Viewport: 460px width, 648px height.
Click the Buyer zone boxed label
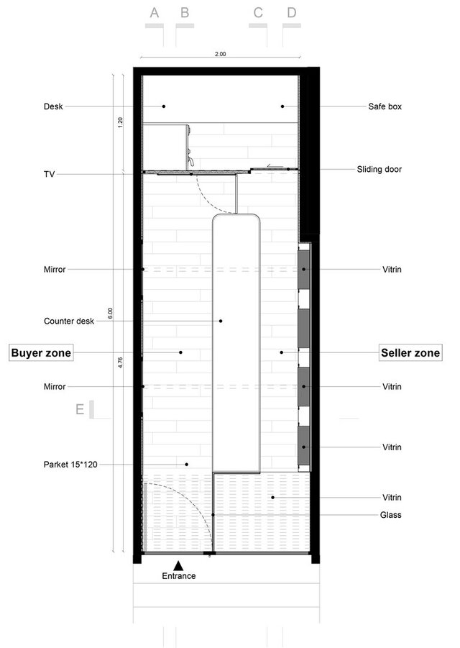click(41, 352)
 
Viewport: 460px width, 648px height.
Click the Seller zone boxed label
click(410, 352)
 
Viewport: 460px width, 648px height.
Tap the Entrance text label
click(179, 575)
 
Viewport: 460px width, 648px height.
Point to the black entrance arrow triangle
click(178, 565)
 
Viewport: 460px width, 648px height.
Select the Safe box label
click(385, 106)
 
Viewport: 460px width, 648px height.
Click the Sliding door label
click(379, 169)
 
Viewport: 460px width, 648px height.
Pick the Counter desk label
click(69, 321)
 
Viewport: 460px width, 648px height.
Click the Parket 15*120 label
click(70, 465)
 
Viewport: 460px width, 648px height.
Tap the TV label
click(49, 174)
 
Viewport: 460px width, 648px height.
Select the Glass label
click(390, 515)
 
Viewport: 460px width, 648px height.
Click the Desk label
click(53, 106)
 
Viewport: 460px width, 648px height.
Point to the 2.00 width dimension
click(221, 54)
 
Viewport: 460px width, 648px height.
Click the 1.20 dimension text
click(120, 122)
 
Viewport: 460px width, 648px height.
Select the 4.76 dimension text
click(120, 362)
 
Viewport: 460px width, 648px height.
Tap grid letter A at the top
click(155, 13)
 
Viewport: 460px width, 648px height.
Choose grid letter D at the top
click(292, 13)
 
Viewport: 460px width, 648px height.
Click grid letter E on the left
click(80, 409)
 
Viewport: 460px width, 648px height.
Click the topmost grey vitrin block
click(303, 270)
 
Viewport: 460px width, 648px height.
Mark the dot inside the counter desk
click(221, 321)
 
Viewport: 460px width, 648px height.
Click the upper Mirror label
click(55, 270)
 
